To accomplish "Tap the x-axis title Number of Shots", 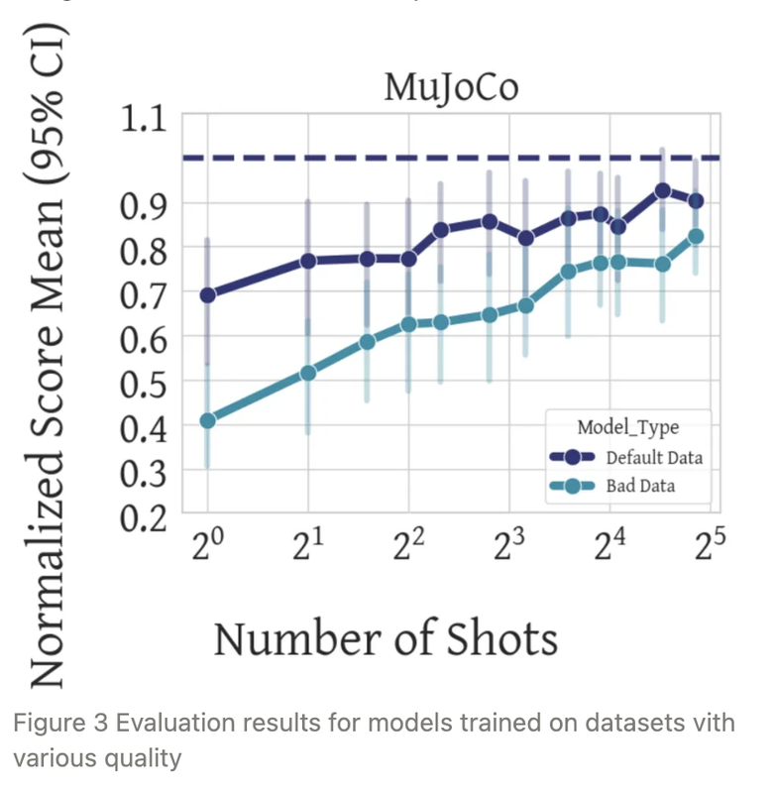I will point(386,639).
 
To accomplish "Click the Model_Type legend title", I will point(628,426).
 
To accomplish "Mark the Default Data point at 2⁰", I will point(207,295).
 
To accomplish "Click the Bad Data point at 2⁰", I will point(207,420).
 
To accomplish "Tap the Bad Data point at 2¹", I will point(308,373).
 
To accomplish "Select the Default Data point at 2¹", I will point(308,261).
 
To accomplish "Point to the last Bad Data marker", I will point(696,237).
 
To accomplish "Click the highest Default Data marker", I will point(663,190).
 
